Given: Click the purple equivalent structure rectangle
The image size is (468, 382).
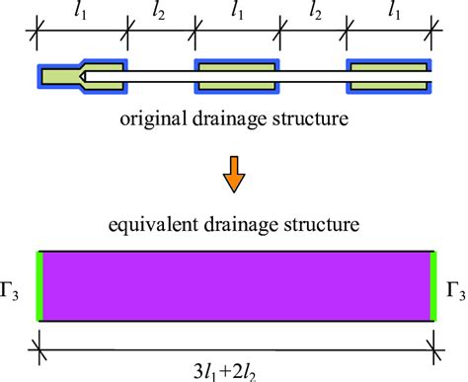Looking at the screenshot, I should [235, 287].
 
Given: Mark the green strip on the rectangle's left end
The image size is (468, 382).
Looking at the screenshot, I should [39, 287].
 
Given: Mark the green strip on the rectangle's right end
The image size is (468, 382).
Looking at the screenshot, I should [432, 287].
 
